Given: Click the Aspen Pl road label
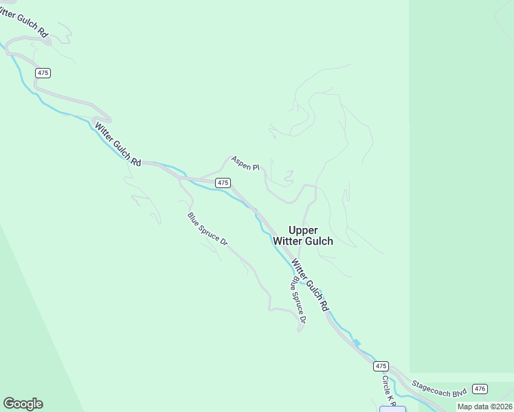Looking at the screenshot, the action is (x=245, y=163).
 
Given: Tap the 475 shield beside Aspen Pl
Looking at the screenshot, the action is (x=222, y=183).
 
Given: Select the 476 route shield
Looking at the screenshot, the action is (x=480, y=389).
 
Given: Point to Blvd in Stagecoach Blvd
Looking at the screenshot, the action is (x=460, y=392).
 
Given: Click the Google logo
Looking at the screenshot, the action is (x=23, y=404).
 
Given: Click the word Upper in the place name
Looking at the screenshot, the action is (x=303, y=230).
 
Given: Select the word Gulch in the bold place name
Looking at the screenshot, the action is (x=319, y=241).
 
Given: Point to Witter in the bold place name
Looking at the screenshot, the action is (x=287, y=241).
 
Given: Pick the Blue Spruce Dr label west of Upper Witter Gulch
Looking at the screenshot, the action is (x=207, y=229).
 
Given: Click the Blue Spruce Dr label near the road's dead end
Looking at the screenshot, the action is (x=298, y=299).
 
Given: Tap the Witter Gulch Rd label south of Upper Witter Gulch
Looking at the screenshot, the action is (x=310, y=284).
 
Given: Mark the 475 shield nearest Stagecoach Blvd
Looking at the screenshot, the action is (x=381, y=366).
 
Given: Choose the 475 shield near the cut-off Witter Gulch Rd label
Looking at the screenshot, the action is (x=44, y=73).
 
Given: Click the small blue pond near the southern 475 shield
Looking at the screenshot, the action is (x=356, y=343).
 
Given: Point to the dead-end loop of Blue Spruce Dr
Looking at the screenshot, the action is (x=300, y=329).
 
